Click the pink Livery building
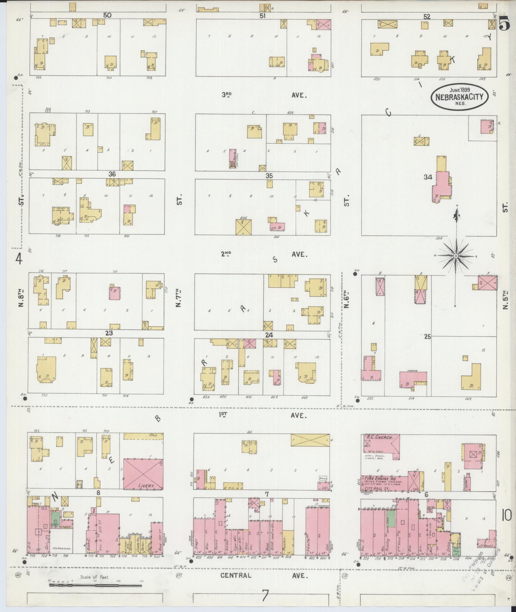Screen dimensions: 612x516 click(x=143, y=478)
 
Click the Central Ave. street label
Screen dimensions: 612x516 click(x=264, y=576)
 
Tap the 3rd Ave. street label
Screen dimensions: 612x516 click(x=264, y=95)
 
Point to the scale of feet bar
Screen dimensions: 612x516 click(x=95, y=586)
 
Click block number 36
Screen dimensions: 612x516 click(x=112, y=174)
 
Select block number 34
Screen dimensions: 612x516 click(x=428, y=177)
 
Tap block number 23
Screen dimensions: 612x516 click(x=109, y=333)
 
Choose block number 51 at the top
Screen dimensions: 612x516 click(x=263, y=15)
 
